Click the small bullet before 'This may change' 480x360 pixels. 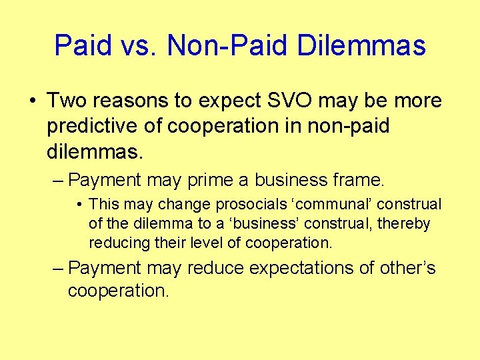79,204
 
